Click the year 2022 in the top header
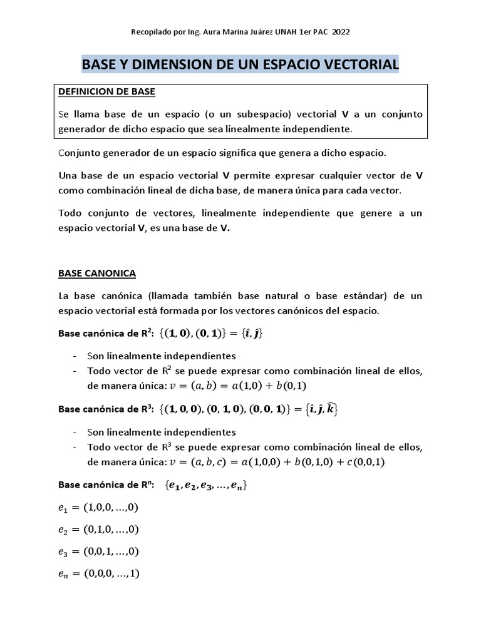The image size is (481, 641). [349, 32]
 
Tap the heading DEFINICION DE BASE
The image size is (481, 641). [106, 92]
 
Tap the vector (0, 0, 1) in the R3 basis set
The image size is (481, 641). [269, 409]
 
